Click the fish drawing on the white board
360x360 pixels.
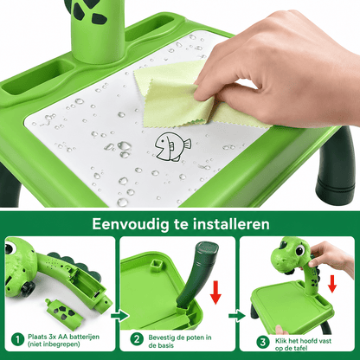point(172,146)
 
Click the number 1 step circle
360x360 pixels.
point(18,339)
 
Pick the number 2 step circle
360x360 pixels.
point(137,339)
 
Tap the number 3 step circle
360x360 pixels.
point(262,343)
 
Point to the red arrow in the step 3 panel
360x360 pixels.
point(332,284)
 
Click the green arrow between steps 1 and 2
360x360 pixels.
point(119,316)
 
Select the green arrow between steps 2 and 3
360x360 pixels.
point(237,316)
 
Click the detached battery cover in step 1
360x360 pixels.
point(64,313)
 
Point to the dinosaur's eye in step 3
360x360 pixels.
point(300,250)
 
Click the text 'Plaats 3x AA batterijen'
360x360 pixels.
point(63,337)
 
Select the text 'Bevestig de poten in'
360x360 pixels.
point(180,337)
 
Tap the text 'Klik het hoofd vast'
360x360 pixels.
point(303,341)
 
